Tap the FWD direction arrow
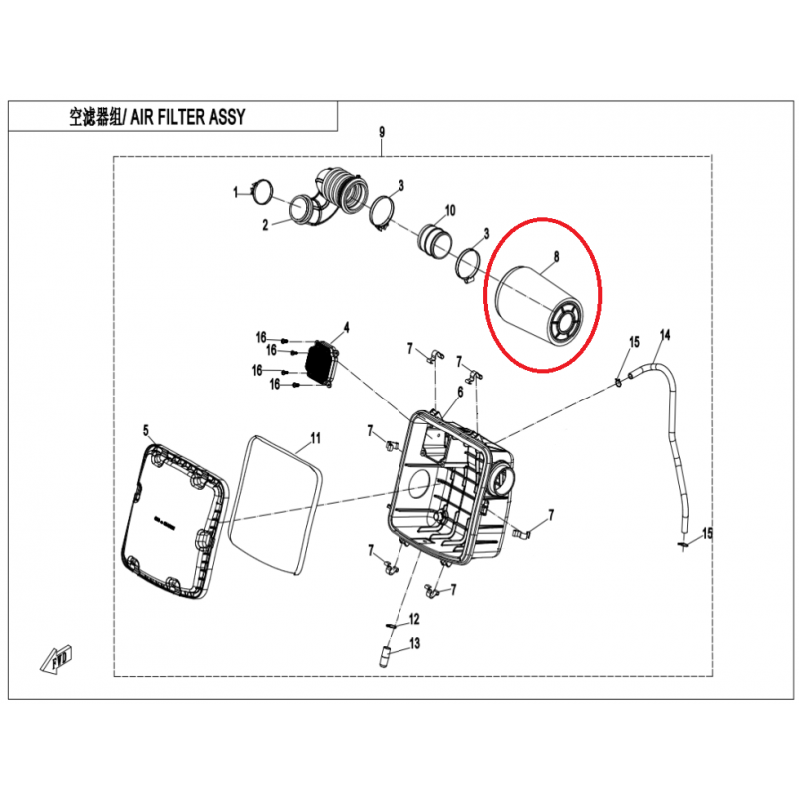[x=56, y=661]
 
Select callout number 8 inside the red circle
[x=556, y=256]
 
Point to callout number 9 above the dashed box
[x=382, y=133]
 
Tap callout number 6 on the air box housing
[x=460, y=392]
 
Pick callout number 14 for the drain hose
[x=665, y=335]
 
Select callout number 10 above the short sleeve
[x=450, y=210]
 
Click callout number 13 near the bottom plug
[x=415, y=643]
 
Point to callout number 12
[x=414, y=619]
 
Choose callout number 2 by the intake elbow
[x=265, y=225]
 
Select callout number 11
[x=315, y=438]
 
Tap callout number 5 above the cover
[x=146, y=431]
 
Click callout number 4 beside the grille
[x=346, y=328]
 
